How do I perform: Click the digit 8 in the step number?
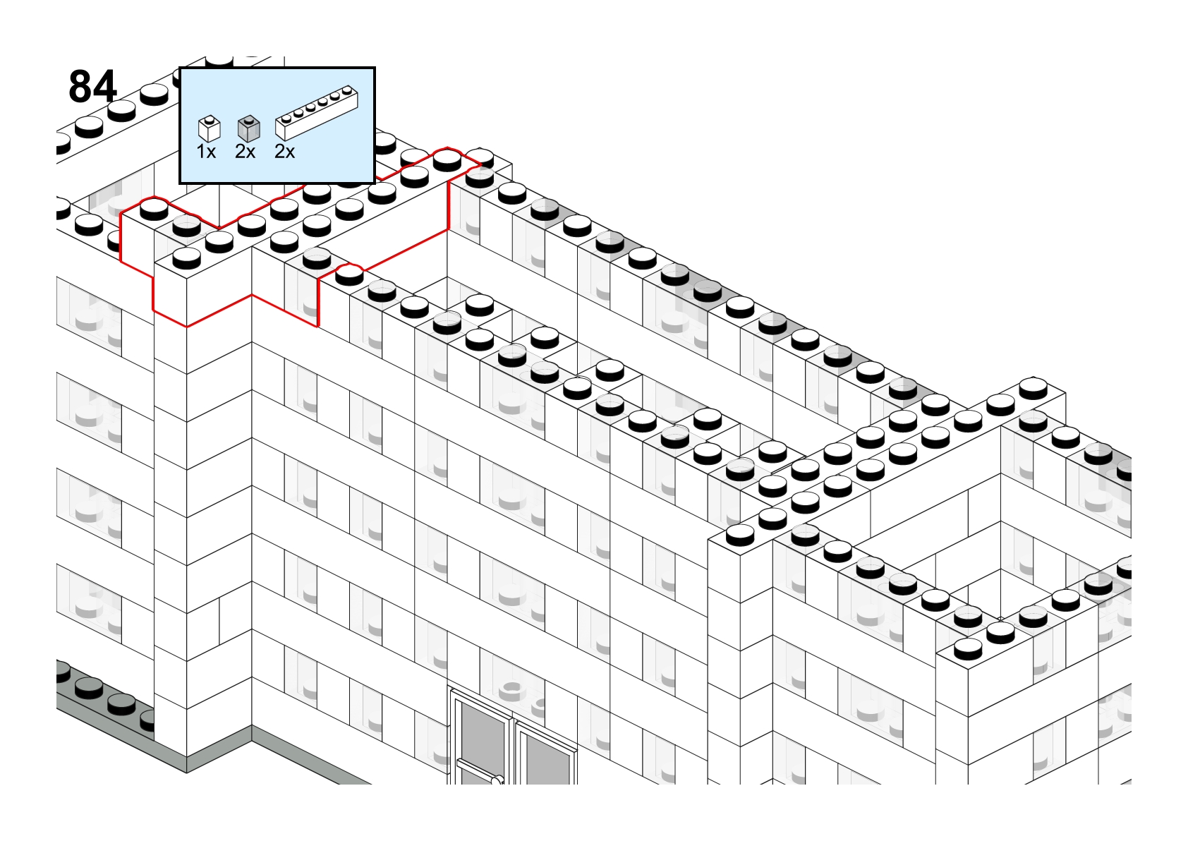tap(80, 86)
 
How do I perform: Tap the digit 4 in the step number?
tap(106, 86)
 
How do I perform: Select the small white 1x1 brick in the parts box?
tap(209, 128)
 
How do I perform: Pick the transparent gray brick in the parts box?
tap(249, 128)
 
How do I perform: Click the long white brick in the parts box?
tap(317, 113)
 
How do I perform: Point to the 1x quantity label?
tap(206, 152)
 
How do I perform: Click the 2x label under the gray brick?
tap(245, 152)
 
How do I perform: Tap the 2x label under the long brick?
tap(284, 152)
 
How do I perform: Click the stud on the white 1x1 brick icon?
tap(210, 119)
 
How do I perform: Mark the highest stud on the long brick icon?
tap(347, 90)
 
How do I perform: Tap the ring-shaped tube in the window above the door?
tap(511, 691)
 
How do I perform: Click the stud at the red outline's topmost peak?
tap(447, 159)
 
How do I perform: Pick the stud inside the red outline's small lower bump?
tap(349, 274)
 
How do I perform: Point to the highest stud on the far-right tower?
tap(1033, 388)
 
